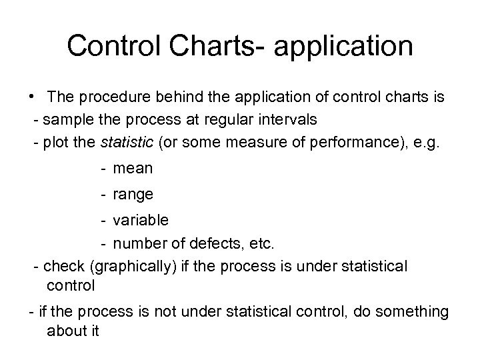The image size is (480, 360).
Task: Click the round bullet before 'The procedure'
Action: click(x=32, y=97)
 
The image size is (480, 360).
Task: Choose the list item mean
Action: click(x=133, y=169)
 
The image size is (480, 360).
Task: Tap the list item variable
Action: click(x=141, y=219)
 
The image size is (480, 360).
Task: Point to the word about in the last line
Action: click(x=65, y=331)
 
